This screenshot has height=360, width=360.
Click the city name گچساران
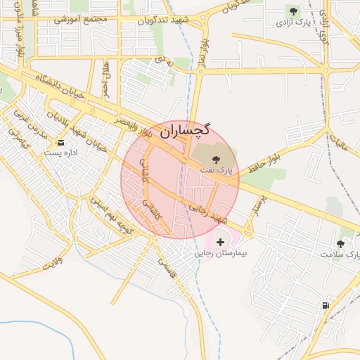pos(185,130)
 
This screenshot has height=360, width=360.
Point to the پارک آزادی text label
pos(292,22)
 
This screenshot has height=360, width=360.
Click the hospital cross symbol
pos(221,242)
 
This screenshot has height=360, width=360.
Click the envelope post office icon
pos(61,143)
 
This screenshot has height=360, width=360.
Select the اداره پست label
pos(62,153)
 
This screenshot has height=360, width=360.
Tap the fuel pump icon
pos(325,305)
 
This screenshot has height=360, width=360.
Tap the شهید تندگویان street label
pos(165,20)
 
